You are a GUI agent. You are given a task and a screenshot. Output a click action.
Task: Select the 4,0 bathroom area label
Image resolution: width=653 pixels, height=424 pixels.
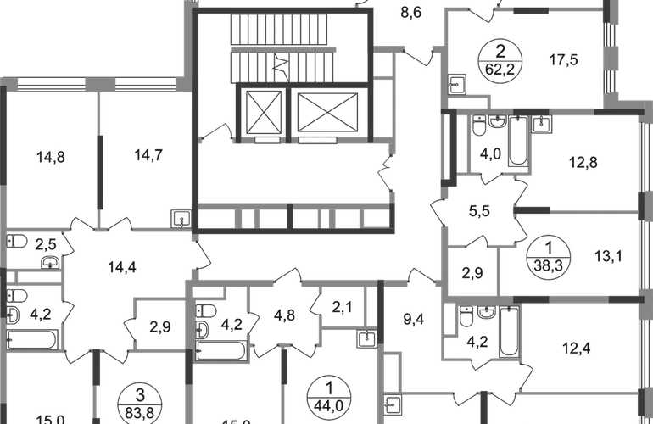(492, 155)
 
